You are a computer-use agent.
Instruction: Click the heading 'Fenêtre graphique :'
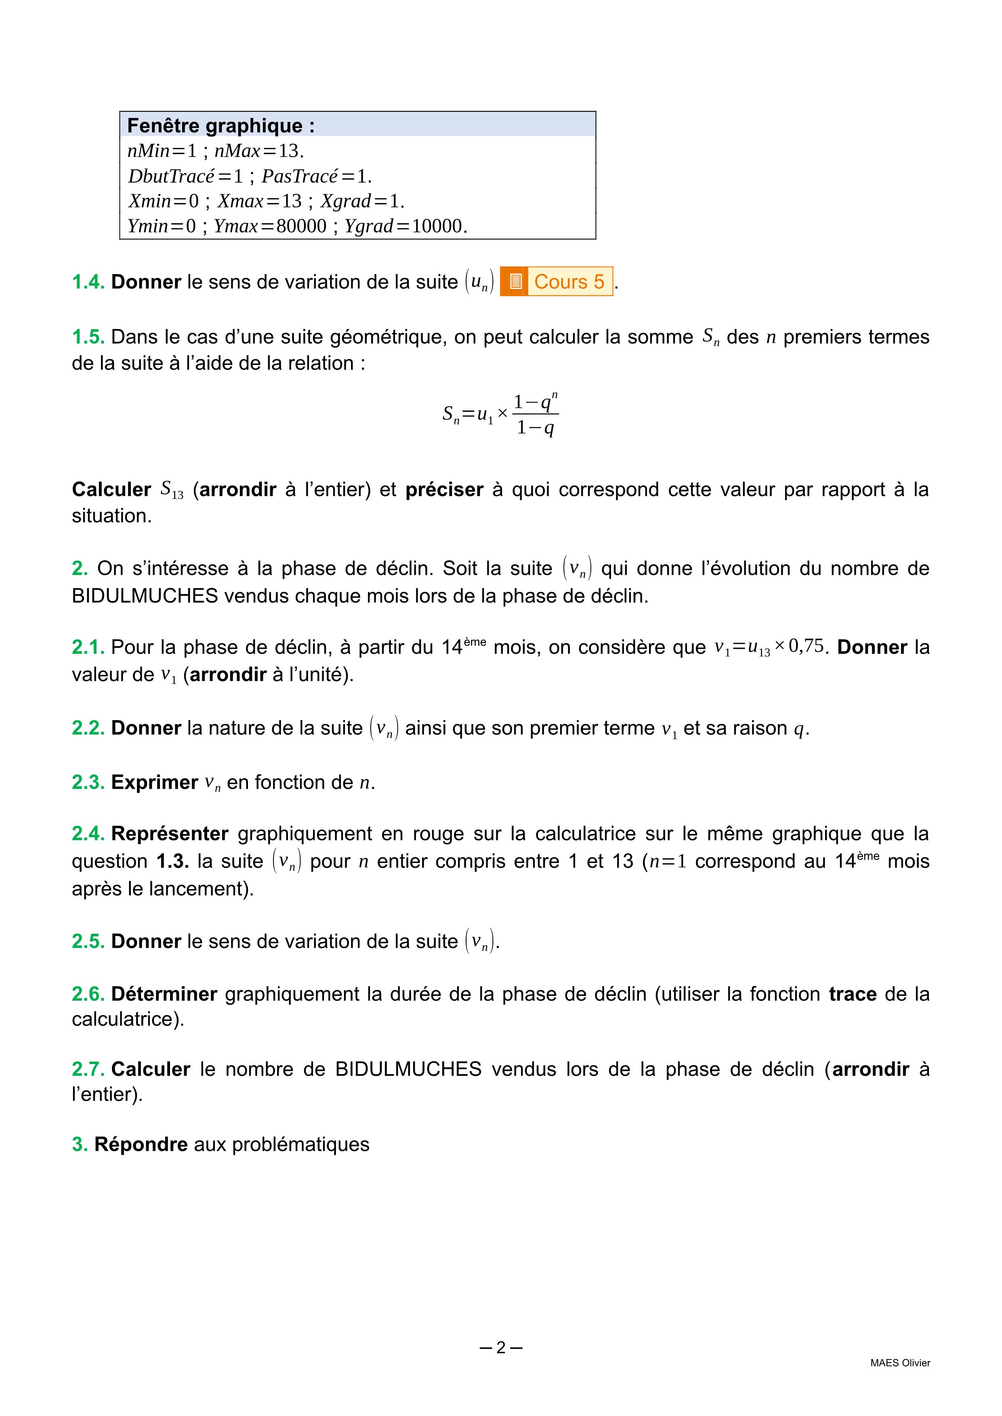tap(221, 126)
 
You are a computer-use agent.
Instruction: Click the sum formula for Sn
tap(500, 414)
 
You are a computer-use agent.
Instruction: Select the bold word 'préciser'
tap(444, 489)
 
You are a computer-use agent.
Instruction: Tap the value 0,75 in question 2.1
tap(806, 646)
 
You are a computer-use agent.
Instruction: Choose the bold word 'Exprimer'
tap(154, 782)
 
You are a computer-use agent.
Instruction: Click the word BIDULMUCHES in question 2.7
tap(408, 1069)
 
